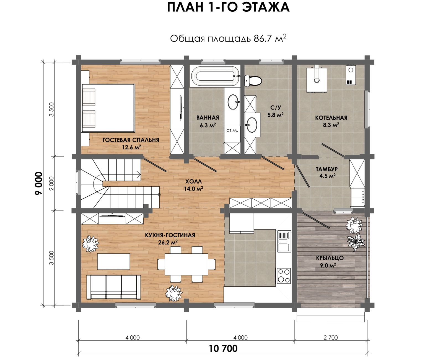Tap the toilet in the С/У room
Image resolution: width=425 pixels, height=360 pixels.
(253, 81)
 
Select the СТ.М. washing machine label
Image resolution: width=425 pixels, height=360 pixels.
(232, 130)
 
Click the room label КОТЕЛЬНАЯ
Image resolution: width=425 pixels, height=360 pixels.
(331, 118)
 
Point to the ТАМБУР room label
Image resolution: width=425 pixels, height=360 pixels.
(327, 169)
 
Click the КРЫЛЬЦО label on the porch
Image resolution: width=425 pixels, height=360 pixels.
(330, 258)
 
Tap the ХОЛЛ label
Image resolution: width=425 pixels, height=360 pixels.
(193, 182)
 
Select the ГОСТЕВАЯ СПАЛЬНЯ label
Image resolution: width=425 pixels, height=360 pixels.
(131, 140)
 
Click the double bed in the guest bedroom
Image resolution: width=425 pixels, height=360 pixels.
(108, 108)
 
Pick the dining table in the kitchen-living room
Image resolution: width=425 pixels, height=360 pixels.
(186, 264)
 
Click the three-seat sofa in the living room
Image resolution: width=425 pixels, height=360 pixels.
(113, 287)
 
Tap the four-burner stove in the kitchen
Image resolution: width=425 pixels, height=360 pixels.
(284, 276)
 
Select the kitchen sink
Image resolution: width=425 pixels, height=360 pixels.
(284, 241)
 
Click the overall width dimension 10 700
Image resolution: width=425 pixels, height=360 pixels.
(223, 349)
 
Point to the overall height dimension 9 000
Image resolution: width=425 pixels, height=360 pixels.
(39, 183)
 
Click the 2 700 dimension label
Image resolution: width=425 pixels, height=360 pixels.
(331, 338)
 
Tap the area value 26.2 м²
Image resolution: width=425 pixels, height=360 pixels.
(168, 242)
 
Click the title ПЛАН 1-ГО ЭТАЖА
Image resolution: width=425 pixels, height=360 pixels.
(228, 7)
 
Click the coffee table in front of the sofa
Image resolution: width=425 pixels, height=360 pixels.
(113, 261)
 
